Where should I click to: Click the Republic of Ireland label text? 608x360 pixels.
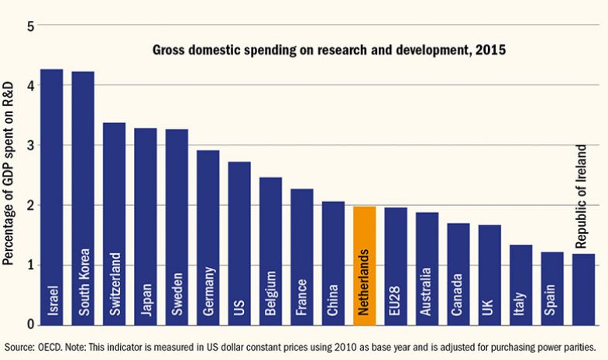582,197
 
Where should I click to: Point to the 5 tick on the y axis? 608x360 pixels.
31,26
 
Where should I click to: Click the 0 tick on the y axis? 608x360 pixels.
31,324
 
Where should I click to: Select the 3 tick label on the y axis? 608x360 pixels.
31,146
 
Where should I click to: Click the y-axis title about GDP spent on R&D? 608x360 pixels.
9,175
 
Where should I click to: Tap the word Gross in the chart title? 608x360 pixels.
167,51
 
